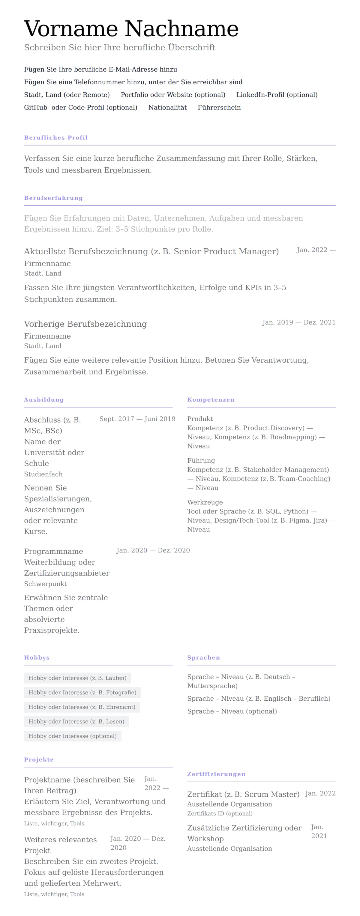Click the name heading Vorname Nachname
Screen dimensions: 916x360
131,29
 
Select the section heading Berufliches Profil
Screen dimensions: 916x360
56,138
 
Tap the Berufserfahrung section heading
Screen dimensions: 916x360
53,198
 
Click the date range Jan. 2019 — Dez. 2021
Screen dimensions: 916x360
299,322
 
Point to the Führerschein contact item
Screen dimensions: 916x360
219,107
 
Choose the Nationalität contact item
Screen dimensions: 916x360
167,107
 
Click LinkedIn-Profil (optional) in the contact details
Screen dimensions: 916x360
277,94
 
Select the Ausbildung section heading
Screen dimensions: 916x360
44,400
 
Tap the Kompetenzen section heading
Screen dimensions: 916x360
211,400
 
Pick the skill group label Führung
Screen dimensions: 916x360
201,460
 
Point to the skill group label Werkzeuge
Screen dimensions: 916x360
205,502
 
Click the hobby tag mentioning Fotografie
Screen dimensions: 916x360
82,692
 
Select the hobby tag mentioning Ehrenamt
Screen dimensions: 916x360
82,707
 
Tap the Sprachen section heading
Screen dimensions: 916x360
203,657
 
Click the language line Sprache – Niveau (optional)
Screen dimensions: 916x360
232,711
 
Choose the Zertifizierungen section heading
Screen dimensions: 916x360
216,774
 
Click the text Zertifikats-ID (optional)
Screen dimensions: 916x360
220,814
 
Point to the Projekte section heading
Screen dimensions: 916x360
39,759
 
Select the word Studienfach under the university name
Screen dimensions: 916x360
43,474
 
